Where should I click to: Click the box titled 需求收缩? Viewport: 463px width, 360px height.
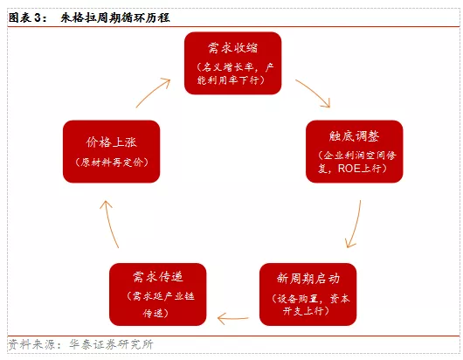click(x=232, y=63)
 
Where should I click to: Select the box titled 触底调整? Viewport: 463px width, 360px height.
click(x=355, y=151)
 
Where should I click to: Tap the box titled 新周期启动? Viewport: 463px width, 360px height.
click(x=308, y=294)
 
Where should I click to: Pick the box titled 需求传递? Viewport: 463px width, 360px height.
click(x=157, y=294)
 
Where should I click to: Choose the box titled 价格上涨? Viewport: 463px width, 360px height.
click(x=111, y=151)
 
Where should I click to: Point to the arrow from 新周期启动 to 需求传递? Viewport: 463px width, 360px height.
click(x=232, y=318)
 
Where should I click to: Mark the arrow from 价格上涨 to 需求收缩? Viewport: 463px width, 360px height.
click(x=154, y=92)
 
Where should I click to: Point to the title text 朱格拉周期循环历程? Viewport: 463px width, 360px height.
click(x=115, y=17)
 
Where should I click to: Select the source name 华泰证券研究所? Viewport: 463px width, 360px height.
click(x=111, y=344)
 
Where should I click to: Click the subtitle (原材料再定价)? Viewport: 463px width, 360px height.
click(x=112, y=163)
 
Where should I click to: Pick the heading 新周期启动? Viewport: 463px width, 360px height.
click(x=308, y=278)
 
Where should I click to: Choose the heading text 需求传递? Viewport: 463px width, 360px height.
click(x=157, y=277)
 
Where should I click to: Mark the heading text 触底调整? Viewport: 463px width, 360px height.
click(x=354, y=136)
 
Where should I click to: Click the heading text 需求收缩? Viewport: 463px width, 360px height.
click(x=232, y=48)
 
